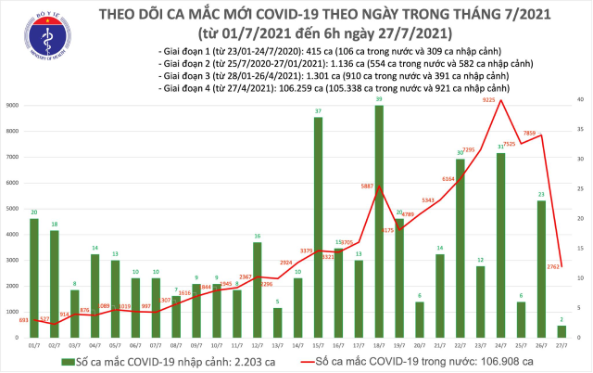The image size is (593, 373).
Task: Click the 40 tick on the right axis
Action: pyautogui.click(x=579, y=99)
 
